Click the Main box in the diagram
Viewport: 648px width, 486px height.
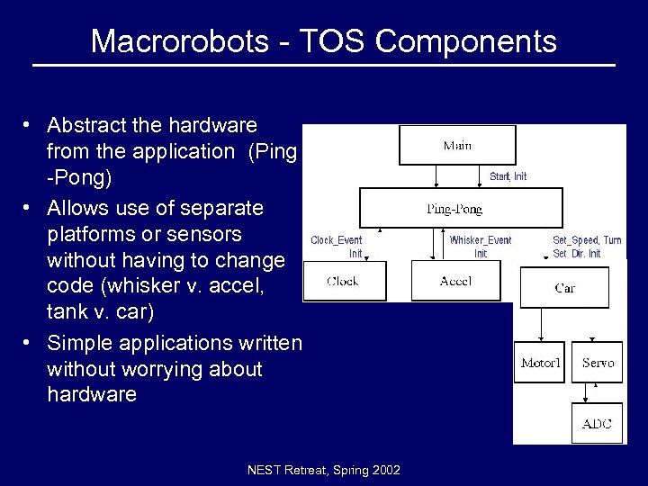(x=457, y=145)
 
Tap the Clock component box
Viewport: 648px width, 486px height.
(x=342, y=281)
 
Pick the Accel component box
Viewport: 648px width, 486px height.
(x=455, y=281)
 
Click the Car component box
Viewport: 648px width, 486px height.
(x=565, y=288)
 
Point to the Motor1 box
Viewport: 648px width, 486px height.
(x=540, y=363)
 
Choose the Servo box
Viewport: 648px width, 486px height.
(x=598, y=363)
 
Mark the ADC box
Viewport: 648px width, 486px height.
(x=597, y=423)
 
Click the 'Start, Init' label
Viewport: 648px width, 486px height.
(x=508, y=176)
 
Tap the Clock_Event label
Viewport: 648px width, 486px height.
(x=337, y=240)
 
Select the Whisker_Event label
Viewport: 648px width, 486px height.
(x=481, y=240)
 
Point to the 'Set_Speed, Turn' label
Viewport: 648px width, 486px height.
(x=587, y=240)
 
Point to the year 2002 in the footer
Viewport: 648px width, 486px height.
(x=384, y=471)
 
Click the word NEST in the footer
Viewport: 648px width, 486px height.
(x=265, y=471)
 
